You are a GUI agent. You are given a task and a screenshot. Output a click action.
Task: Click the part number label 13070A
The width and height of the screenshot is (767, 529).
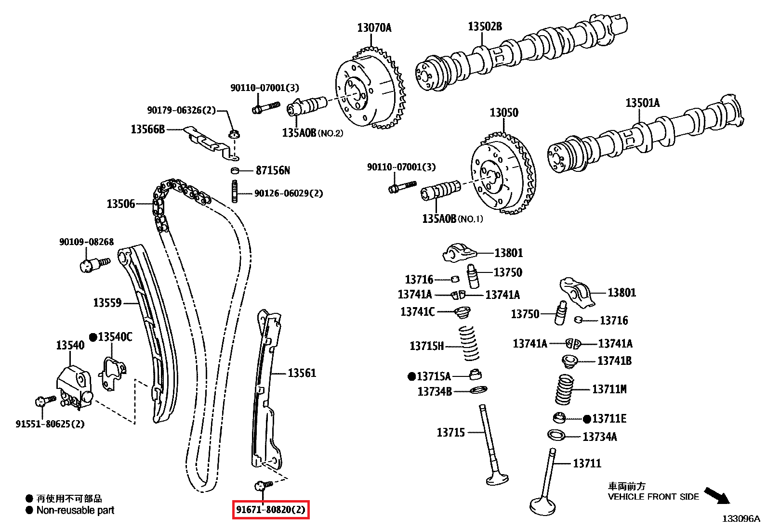point(374,28)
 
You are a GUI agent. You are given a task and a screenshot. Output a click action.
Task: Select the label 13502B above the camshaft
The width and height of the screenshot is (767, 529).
point(485,26)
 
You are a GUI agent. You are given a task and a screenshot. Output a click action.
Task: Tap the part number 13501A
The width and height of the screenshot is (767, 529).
point(642,103)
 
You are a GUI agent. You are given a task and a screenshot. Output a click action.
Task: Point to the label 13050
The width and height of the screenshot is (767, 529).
point(504,113)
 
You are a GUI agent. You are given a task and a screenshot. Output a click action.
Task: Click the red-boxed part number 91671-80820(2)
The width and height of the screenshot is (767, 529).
point(271,510)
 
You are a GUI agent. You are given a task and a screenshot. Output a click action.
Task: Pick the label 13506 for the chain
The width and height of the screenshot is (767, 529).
point(120,204)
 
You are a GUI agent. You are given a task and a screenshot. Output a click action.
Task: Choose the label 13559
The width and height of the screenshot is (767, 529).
point(107,303)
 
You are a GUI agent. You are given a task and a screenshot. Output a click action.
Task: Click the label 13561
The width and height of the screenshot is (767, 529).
point(302,373)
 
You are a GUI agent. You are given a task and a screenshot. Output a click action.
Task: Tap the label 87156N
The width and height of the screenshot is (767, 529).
point(273,170)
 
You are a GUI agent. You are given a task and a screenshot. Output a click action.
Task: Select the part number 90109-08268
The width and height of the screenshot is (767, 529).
point(86,242)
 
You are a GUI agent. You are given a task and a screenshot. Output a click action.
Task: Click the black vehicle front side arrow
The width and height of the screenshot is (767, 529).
point(717,495)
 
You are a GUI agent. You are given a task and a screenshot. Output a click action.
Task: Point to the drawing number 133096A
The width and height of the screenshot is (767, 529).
point(741,518)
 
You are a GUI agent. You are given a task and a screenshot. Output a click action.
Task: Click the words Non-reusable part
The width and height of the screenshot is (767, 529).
point(76,510)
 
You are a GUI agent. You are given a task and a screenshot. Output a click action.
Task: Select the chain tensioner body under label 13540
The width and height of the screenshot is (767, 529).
point(73,385)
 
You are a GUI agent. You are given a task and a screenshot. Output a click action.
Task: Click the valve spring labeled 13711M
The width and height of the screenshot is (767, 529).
point(564,389)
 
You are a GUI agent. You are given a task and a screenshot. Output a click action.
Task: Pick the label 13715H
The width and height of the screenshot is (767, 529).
point(426,346)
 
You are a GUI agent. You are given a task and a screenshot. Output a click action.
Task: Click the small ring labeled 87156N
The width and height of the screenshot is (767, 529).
point(235,170)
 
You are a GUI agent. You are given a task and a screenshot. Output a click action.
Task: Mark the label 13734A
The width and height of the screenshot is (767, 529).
point(599,437)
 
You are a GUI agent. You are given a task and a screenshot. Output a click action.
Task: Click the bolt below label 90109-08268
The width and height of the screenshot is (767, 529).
point(93,264)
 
